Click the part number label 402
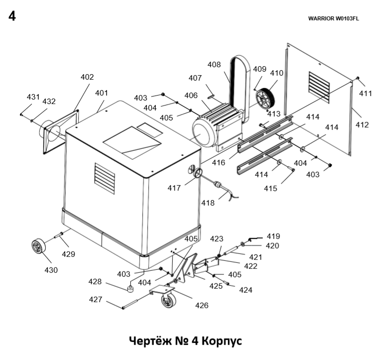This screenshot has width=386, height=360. coord(87,77)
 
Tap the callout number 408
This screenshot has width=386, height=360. coord(214,65)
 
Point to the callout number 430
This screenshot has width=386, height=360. coord(51,270)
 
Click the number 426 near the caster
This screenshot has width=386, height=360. coord(201,305)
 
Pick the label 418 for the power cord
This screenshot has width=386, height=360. coord(208,203)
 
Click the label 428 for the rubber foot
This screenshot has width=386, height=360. coord(95,282)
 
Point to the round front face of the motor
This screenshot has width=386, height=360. coord(201,134)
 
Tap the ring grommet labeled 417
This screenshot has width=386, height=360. coord(197,173)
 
